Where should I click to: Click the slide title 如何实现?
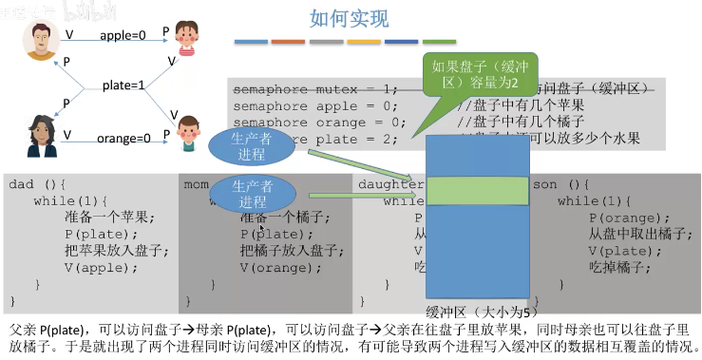(x=349, y=18)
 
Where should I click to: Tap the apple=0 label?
(x=123, y=35)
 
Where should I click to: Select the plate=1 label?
(x=124, y=85)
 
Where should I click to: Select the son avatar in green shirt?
(x=188, y=132)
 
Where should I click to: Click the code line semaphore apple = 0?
(x=313, y=105)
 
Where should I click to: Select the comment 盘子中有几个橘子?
(x=520, y=122)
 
